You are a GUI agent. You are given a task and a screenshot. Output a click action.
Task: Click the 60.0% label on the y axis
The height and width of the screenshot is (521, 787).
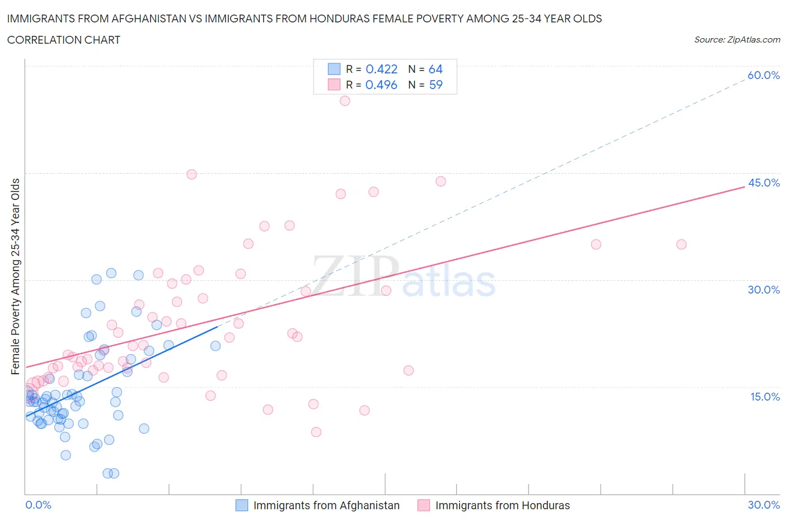point(763,75)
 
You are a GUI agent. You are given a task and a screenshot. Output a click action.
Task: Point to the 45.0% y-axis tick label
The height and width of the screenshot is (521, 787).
point(763,183)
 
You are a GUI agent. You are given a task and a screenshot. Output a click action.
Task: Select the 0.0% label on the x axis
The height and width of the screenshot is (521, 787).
point(38,505)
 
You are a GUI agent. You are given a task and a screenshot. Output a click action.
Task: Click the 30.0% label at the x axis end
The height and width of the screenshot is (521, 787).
point(763,505)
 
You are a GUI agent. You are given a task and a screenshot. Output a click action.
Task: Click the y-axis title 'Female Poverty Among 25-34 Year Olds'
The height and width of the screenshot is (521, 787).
point(16,276)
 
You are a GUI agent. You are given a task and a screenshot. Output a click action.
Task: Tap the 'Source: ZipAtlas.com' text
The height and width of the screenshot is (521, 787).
point(737,40)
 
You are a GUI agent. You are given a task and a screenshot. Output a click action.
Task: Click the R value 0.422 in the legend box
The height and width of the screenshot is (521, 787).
point(381,69)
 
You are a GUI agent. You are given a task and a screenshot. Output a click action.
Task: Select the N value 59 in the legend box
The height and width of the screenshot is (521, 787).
point(435,85)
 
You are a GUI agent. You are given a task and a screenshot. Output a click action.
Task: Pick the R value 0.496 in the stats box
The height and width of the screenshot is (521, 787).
point(381,85)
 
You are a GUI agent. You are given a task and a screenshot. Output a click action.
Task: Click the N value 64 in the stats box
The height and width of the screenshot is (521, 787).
point(435,69)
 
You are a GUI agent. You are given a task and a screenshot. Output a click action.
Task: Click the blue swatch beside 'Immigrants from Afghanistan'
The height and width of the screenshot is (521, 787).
point(241,505)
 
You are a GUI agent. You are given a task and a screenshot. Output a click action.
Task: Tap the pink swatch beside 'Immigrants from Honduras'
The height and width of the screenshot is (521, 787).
point(424,505)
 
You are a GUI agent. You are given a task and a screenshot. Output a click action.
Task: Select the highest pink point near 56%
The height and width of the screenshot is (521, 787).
point(345,101)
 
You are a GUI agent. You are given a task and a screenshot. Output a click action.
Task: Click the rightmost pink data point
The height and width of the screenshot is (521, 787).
point(681,244)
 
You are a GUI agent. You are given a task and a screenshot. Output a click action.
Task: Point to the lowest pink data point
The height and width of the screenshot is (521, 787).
point(316,432)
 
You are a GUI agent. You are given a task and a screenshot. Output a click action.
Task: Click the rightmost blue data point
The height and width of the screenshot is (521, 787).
point(216,346)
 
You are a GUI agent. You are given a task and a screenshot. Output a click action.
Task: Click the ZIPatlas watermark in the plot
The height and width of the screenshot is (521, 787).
point(403,276)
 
